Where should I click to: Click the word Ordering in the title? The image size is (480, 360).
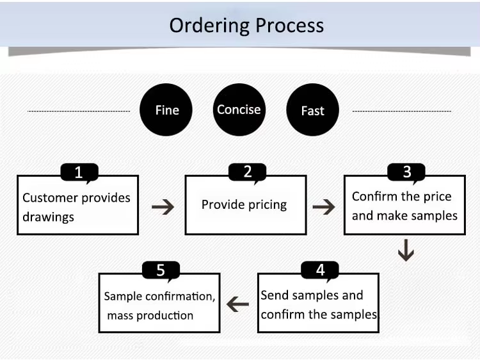coord(209,26)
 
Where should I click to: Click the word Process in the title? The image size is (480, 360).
coord(289,25)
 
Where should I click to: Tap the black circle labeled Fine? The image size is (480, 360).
coord(166,110)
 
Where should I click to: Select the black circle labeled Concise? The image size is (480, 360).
coord(239,110)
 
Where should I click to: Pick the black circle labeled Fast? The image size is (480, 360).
coord(312,110)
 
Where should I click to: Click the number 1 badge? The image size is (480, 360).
coord(79,172)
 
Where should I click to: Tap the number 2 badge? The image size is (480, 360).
coord(247,172)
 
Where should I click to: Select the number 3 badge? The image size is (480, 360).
coord(406,172)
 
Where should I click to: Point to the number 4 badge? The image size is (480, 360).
coord(320,270)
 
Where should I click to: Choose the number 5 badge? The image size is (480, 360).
coord(161,270)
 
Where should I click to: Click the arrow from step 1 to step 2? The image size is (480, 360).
coord(163,207)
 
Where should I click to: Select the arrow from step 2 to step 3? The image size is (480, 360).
coord(324,207)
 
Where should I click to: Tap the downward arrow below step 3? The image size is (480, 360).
coord(406,250)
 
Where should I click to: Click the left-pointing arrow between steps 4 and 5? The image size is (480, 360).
coord(237,304)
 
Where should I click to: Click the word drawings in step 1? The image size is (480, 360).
coord(49,217)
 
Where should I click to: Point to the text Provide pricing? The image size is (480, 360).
coord(244,205)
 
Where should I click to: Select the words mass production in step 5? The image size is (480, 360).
coord(150,316)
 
